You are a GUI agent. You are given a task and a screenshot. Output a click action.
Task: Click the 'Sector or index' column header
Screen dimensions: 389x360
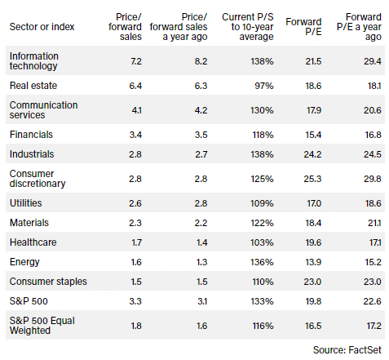tap(42, 27)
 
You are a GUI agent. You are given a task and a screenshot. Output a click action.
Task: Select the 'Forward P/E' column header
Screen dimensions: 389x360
tap(303, 27)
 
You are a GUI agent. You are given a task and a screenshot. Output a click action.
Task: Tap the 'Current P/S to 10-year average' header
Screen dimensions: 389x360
tap(248, 27)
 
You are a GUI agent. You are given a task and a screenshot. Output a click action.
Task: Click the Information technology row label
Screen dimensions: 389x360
tap(34, 61)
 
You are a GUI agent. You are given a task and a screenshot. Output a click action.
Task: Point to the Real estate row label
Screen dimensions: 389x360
tap(33, 86)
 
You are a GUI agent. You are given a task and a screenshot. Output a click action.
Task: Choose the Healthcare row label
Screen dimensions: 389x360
tap(33, 242)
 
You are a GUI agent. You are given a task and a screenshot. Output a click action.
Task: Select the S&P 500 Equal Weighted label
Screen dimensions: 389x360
tap(42, 326)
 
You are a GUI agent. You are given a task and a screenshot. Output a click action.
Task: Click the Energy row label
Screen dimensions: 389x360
tap(24, 262)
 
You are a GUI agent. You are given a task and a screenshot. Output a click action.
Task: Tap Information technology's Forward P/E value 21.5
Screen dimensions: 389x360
tap(313, 61)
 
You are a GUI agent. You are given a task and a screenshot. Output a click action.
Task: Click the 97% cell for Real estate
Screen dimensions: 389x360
tap(264, 86)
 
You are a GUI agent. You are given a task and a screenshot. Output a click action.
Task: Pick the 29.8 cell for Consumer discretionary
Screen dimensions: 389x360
tap(373, 179)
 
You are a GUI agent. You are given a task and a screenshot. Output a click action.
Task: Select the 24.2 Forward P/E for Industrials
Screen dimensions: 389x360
tap(312, 154)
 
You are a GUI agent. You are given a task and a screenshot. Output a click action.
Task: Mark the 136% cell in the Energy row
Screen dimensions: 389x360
tap(262, 262)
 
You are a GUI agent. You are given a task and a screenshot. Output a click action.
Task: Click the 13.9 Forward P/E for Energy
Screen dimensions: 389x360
tap(313, 262)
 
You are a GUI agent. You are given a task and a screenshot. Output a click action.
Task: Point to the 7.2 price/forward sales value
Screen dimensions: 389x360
tap(136, 61)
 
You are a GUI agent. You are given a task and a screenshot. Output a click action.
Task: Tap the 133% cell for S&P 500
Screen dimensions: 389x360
tap(262, 301)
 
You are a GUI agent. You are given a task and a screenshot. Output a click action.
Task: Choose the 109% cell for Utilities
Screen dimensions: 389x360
tap(262, 203)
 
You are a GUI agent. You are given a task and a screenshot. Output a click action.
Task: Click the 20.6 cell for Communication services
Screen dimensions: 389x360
tap(373, 110)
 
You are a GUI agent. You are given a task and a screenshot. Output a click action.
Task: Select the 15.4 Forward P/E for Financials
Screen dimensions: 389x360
tap(313, 135)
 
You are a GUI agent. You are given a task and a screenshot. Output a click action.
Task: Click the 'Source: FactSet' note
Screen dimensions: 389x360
tap(347, 350)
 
